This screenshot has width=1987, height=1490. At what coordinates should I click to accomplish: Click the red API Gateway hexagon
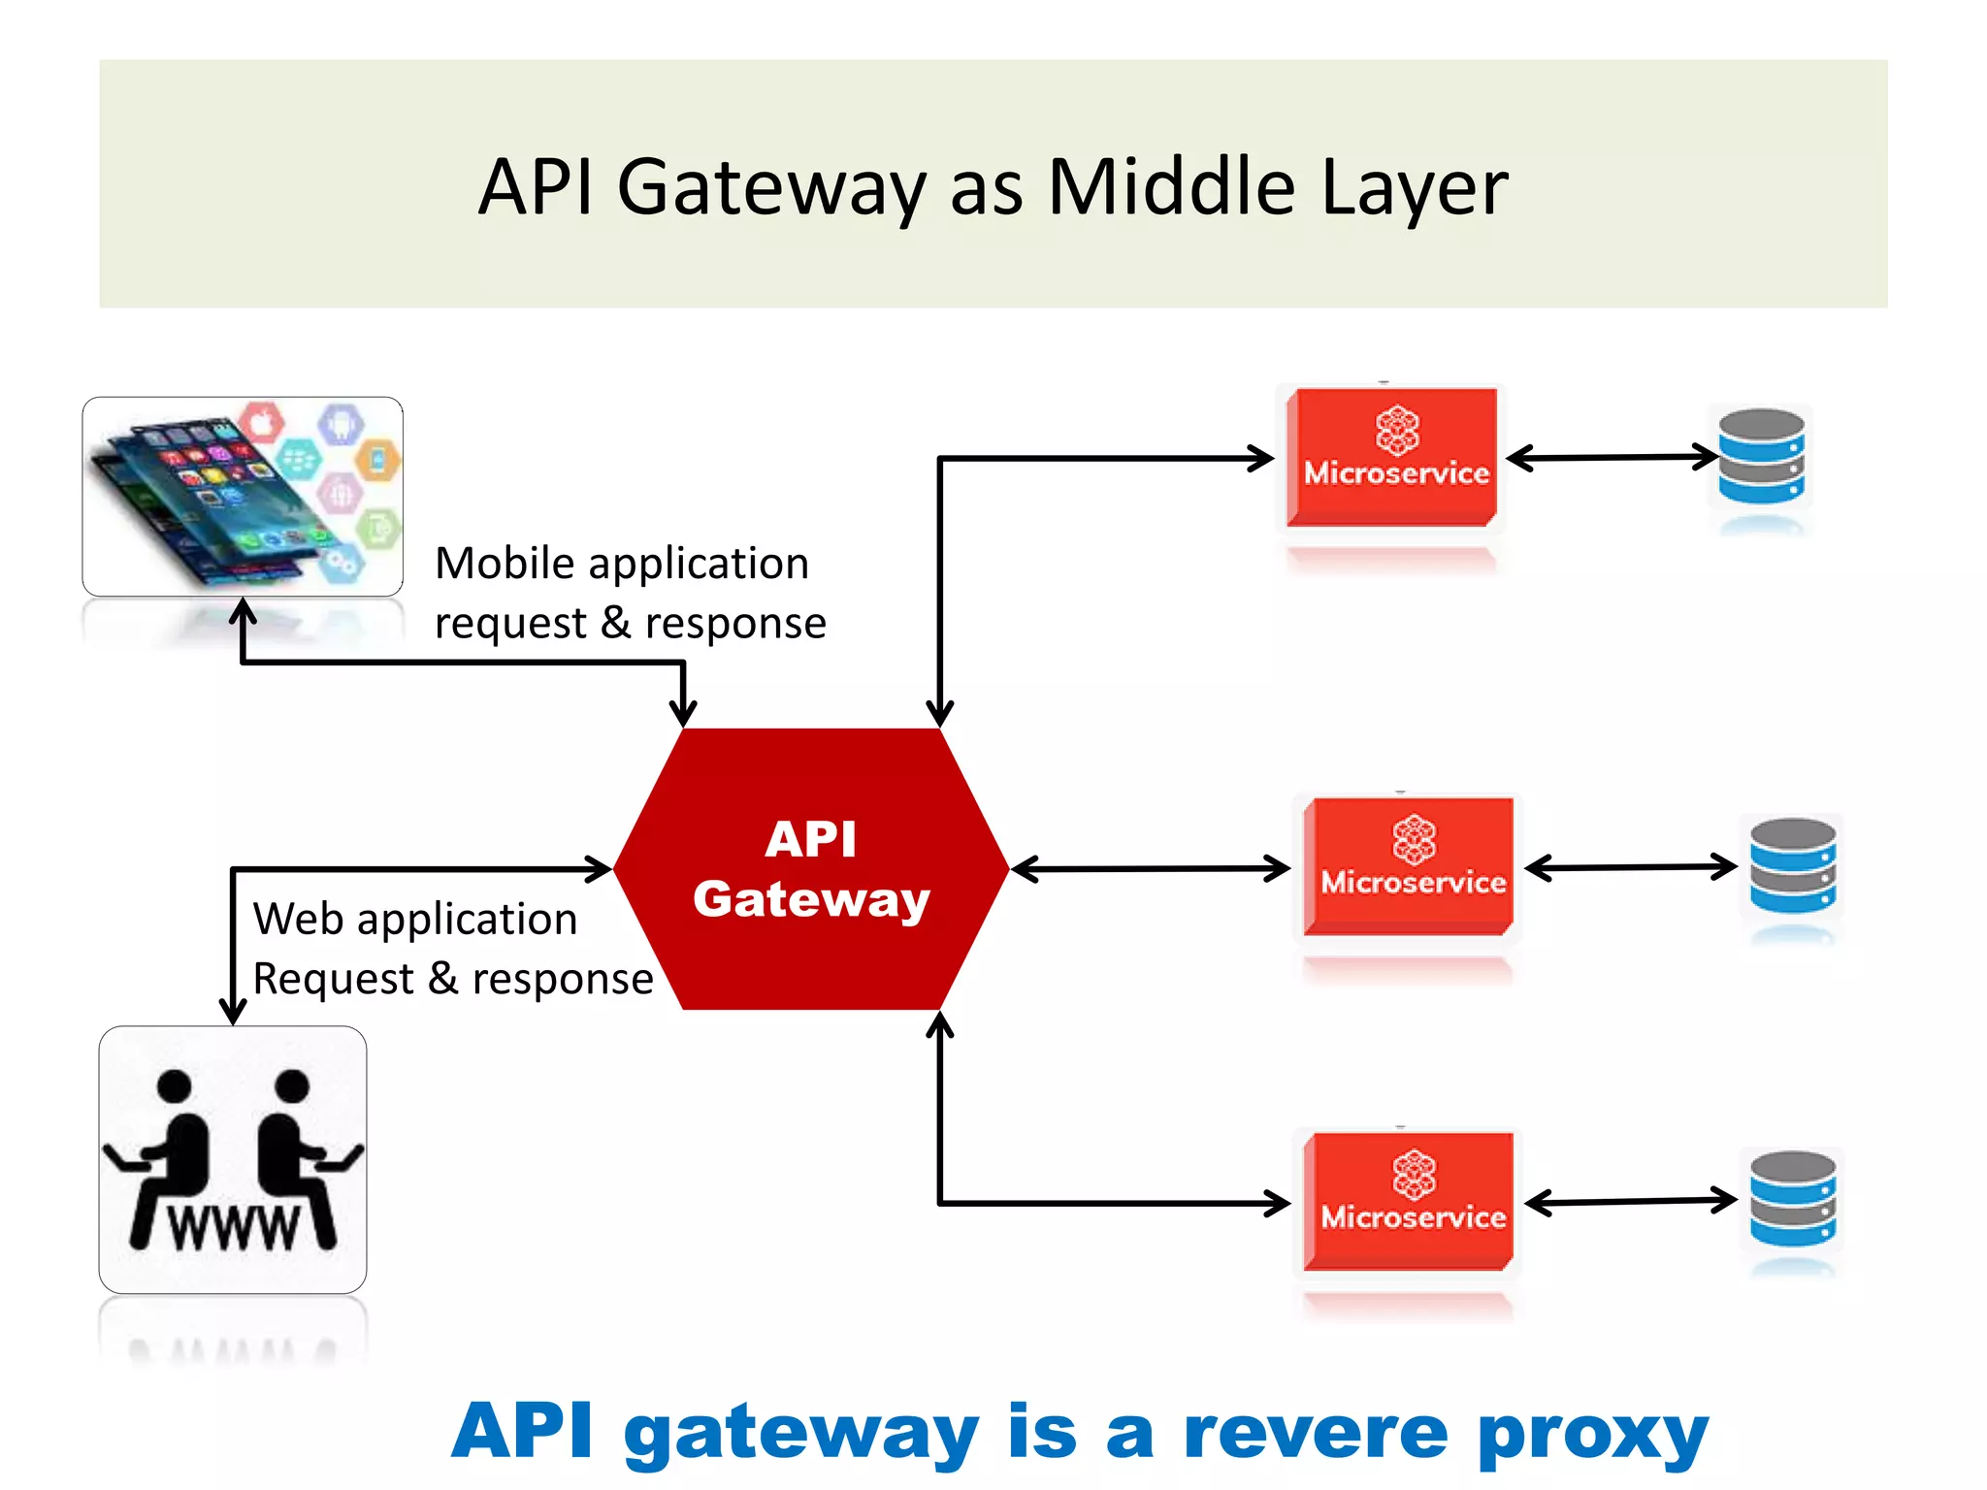pos(811,868)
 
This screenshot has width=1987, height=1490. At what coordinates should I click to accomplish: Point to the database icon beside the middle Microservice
pos(1792,865)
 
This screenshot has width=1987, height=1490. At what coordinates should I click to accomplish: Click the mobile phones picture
pos(242,496)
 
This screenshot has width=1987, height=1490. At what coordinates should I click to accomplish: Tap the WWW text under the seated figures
pos(234,1228)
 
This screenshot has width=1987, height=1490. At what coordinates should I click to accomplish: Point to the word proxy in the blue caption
pos(1592,1434)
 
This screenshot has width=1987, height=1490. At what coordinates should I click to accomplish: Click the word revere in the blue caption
pos(1316,1432)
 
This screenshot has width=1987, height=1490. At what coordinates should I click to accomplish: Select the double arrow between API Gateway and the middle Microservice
pos(1151,868)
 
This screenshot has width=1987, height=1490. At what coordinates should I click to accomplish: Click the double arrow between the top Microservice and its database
pos(1611,457)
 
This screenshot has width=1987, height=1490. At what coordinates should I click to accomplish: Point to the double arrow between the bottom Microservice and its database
pos(1630,1201)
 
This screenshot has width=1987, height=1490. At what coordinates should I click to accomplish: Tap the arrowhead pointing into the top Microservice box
pos(1261,458)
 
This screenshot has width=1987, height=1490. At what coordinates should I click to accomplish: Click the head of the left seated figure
pos(175,1085)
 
